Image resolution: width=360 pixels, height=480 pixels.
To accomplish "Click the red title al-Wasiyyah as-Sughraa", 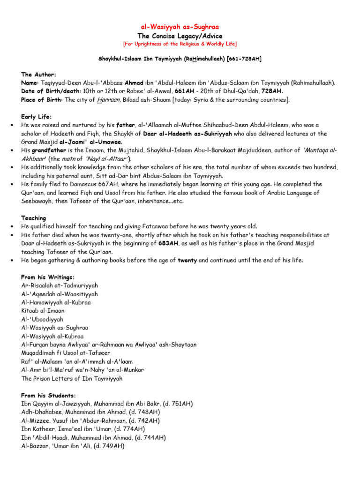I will pos(180,28).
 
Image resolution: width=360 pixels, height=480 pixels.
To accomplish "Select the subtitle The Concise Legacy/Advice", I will pos(180,36).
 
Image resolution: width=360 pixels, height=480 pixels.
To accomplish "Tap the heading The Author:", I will pos(39,75).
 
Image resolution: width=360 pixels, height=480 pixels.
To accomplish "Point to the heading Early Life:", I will pos(37,117).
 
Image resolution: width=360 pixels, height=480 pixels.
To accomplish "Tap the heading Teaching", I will pos(34,218).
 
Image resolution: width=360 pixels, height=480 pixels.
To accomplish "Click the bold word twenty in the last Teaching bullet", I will pos(187,260).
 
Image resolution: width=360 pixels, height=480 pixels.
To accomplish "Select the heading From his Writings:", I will pos(48,277).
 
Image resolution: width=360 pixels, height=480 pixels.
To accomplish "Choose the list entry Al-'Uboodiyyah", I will pos(42,319).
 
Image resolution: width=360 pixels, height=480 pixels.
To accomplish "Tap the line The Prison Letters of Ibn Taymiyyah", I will pos(72,378).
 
